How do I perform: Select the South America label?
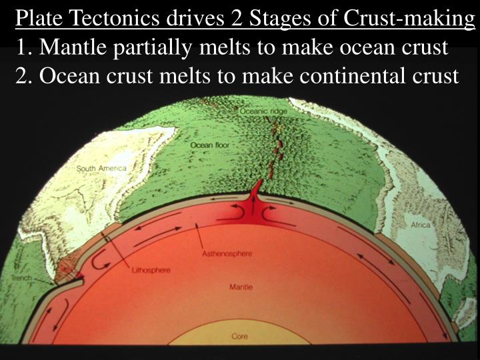click(x=101, y=169)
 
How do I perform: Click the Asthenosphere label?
click(x=225, y=254)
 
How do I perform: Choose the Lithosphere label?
click(x=151, y=270)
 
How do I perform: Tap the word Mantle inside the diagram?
click(x=241, y=287)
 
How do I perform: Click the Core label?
click(x=240, y=337)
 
